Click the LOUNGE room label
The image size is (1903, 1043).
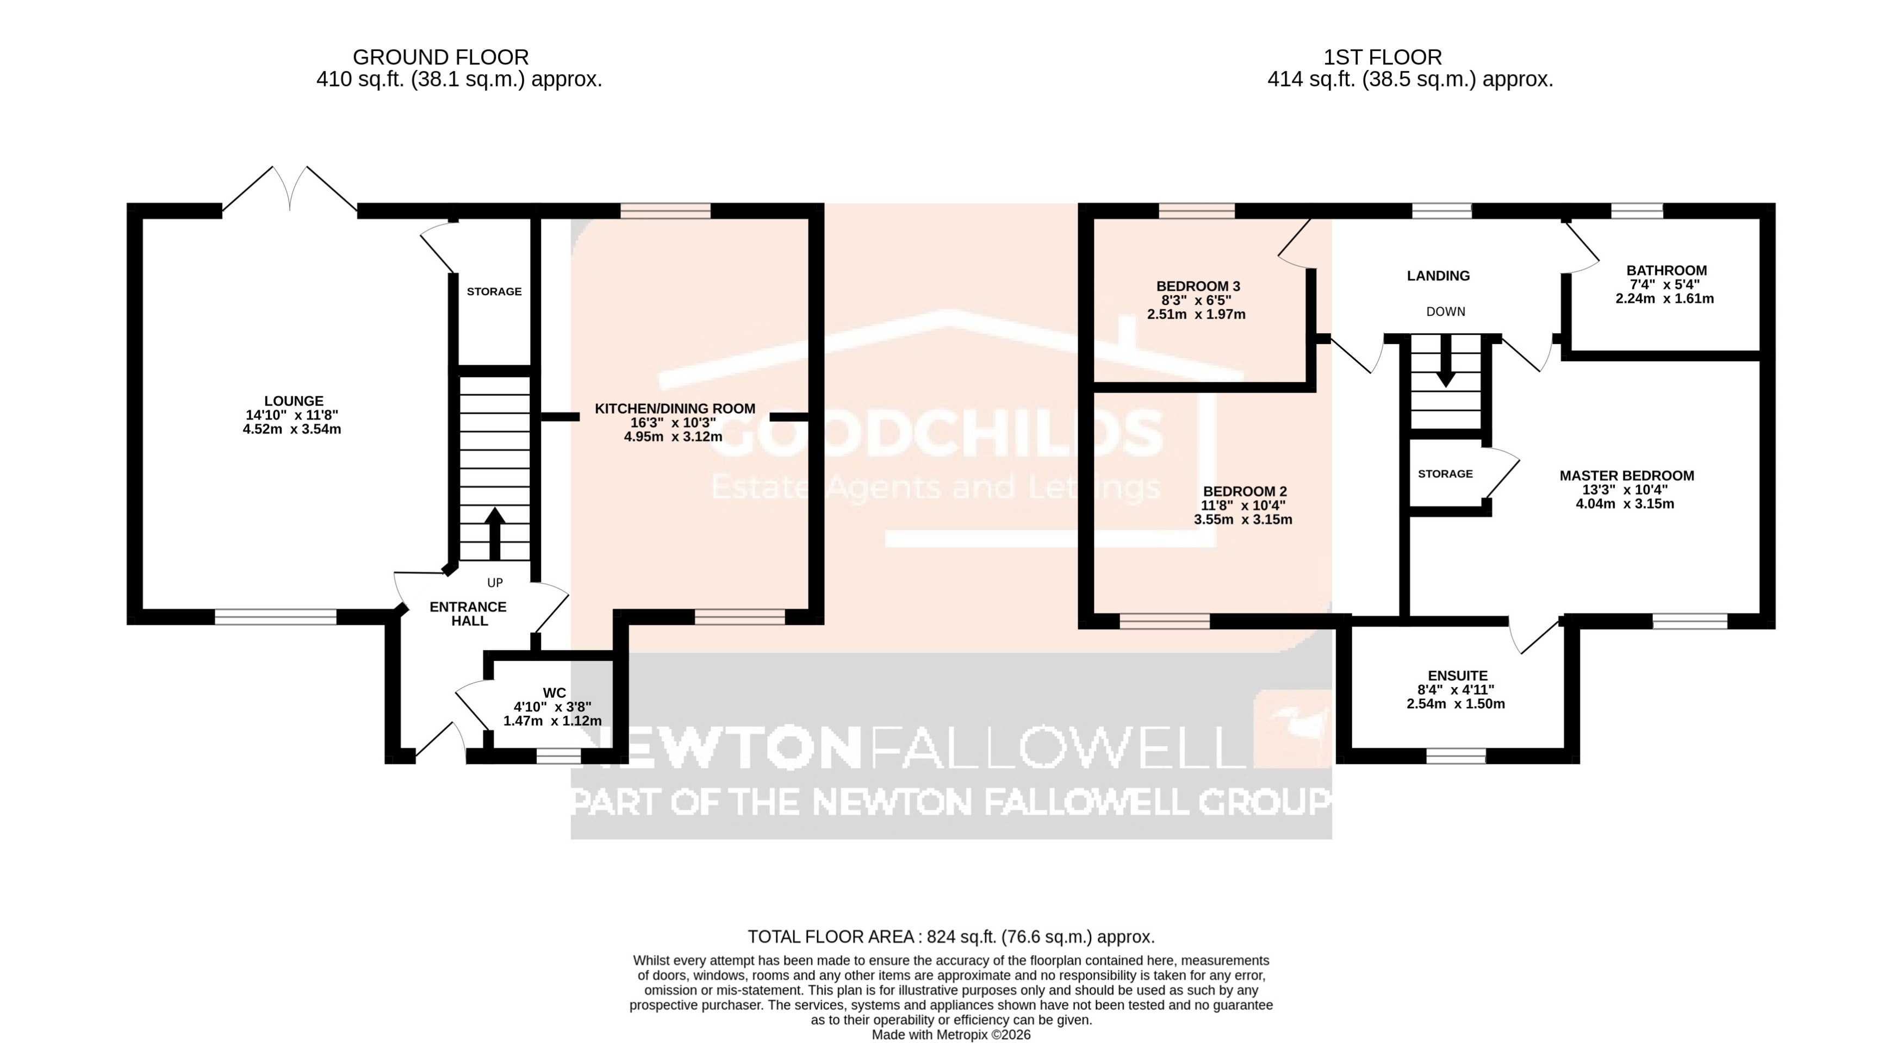click(293, 401)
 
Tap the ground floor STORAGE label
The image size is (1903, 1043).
click(494, 292)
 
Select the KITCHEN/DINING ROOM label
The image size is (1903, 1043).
click(674, 409)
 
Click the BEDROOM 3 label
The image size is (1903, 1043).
click(1197, 286)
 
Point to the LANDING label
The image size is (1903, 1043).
click(1438, 276)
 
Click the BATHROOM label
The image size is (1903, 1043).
click(1666, 270)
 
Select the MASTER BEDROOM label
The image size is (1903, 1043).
click(1626, 476)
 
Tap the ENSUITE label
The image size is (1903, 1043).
click(1457, 675)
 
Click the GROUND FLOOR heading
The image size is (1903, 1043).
click(440, 57)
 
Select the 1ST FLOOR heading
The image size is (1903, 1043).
click(1382, 57)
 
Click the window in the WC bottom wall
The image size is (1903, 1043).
click(558, 755)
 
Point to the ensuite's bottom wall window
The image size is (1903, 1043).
click(1456, 755)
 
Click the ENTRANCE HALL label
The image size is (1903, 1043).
click(468, 614)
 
